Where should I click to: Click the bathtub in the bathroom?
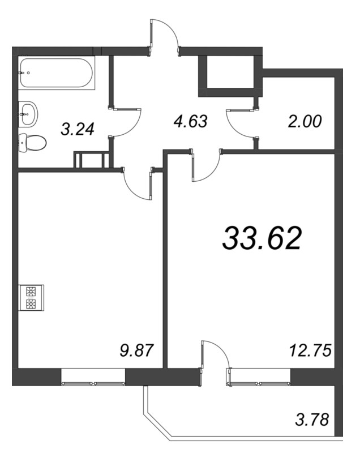pyautogui.click(x=57, y=73)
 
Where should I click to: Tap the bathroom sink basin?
pyautogui.click(x=28, y=114)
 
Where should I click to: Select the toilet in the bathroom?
pyautogui.click(x=32, y=143)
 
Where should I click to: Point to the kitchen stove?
pyautogui.click(x=31, y=298)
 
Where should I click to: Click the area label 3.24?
pyautogui.click(x=78, y=129)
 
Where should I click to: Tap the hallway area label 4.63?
pyautogui.click(x=191, y=121)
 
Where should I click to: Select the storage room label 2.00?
pyautogui.click(x=305, y=121)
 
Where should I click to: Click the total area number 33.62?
pyautogui.click(x=262, y=238)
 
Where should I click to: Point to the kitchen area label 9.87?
pyautogui.click(x=136, y=351)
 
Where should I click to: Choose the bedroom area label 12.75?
pyautogui.click(x=310, y=351)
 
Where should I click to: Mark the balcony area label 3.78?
pyautogui.click(x=312, y=420)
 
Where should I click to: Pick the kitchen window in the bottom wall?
pyautogui.click(x=93, y=377)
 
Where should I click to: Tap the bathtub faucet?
pyautogui.click(x=22, y=73)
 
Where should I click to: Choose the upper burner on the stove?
pyautogui.click(x=31, y=292)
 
